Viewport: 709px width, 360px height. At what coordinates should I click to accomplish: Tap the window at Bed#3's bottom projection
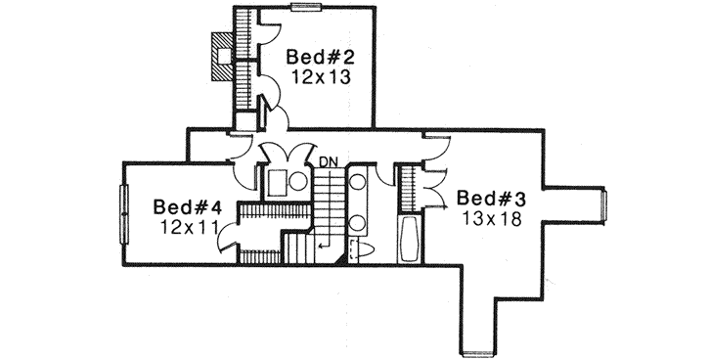[x=476, y=351]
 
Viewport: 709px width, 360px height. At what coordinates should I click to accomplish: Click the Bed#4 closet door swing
[x=228, y=235]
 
